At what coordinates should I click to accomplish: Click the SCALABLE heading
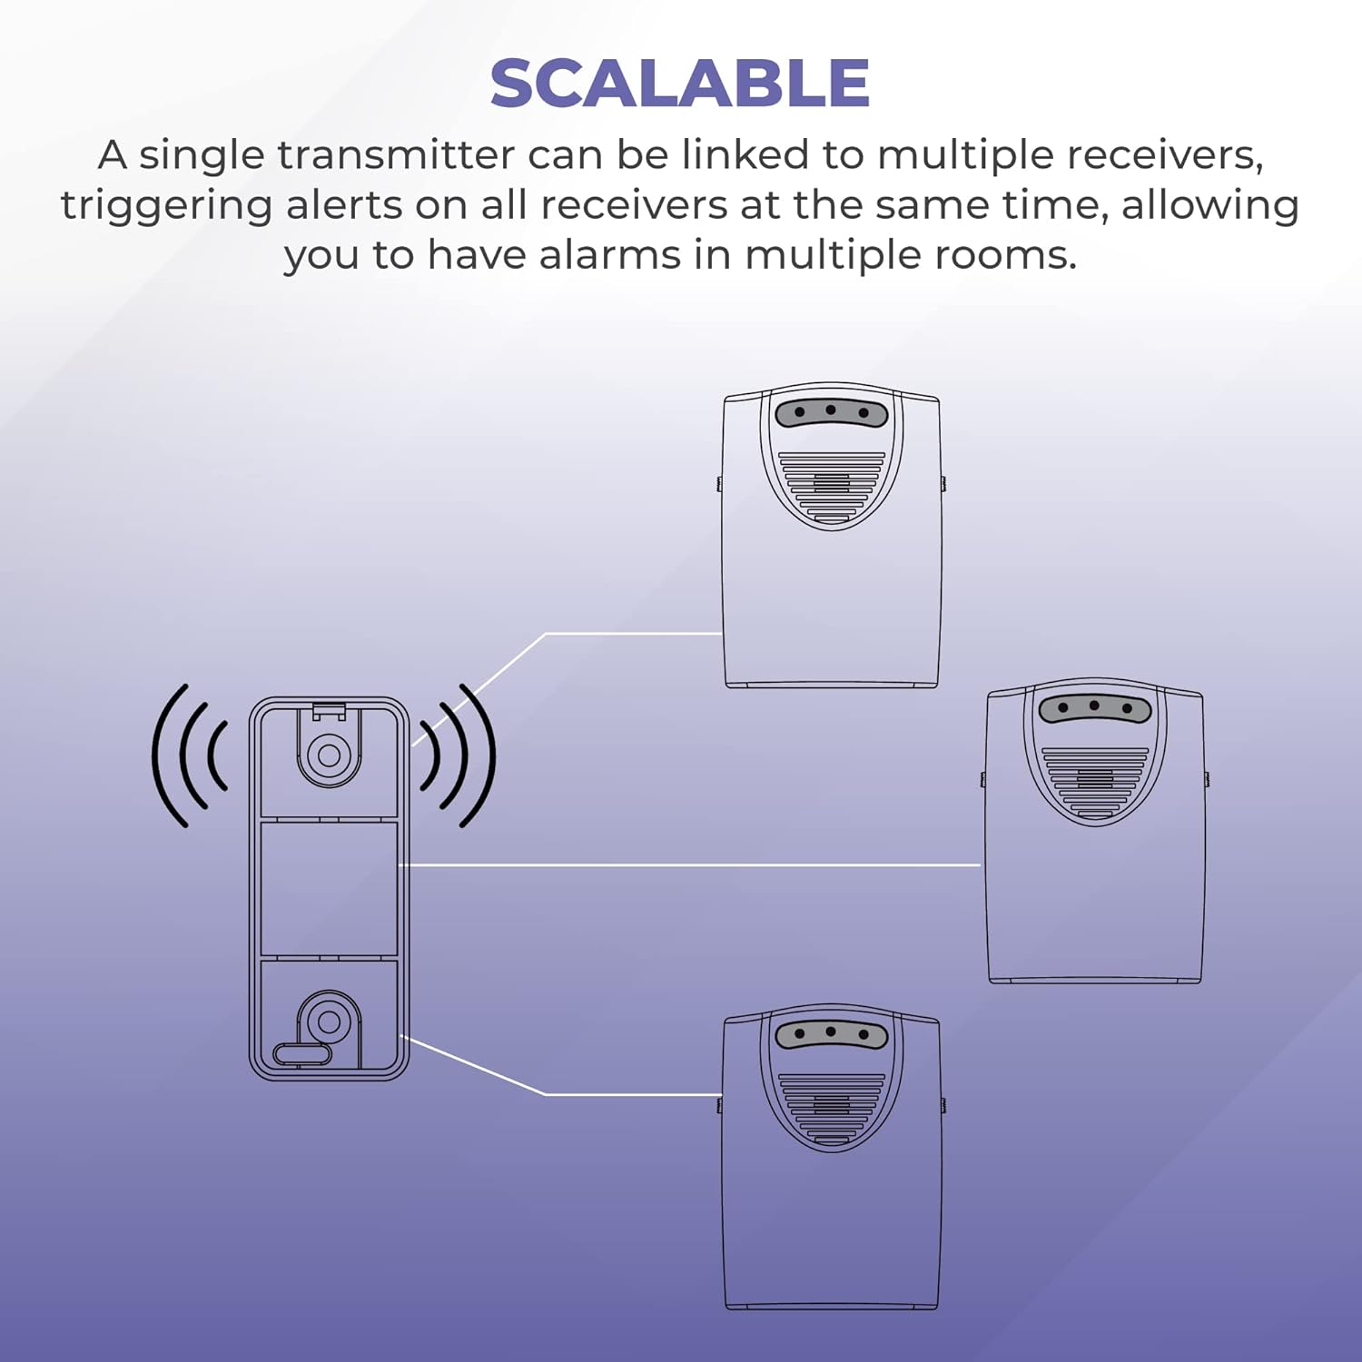tap(679, 84)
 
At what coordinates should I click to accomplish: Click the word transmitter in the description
tap(396, 155)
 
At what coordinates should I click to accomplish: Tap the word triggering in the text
tap(166, 205)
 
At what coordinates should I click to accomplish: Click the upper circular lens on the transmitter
tap(329, 755)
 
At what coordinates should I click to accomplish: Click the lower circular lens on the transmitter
tap(329, 1022)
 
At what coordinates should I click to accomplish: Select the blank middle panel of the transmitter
tap(329, 889)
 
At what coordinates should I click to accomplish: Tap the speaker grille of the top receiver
tap(831, 486)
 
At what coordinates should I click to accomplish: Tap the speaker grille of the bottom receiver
tap(831, 1108)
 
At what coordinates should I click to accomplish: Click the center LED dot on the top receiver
tap(831, 410)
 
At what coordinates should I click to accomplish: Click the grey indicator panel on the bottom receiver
tap(831, 1034)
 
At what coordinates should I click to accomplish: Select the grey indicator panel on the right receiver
tap(1094, 707)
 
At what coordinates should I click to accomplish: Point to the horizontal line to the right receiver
tap(690, 865)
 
